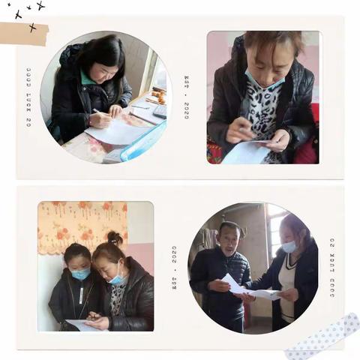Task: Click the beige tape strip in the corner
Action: pyautogui.click(x=22, y=32)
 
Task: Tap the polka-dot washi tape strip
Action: pyautogui.click(x=322, y=337)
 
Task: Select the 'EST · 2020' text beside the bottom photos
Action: pyautogui.click(x=175, y=267)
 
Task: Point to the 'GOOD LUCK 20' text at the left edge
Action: pyautogui.click(x=28, y=97)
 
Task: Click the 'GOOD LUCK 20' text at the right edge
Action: pyautogui.click(x=332, y=268)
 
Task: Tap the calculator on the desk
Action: pyautogui.click(x=160, y=111)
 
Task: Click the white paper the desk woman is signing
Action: pyautogui.click(x=116, y=132)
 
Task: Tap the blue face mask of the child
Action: pyautogui.click(x=80, y=274)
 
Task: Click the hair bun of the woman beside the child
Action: pyautogui.click(x=114, y=238)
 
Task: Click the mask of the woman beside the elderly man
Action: pyautogui.click(x=289, y=246)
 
